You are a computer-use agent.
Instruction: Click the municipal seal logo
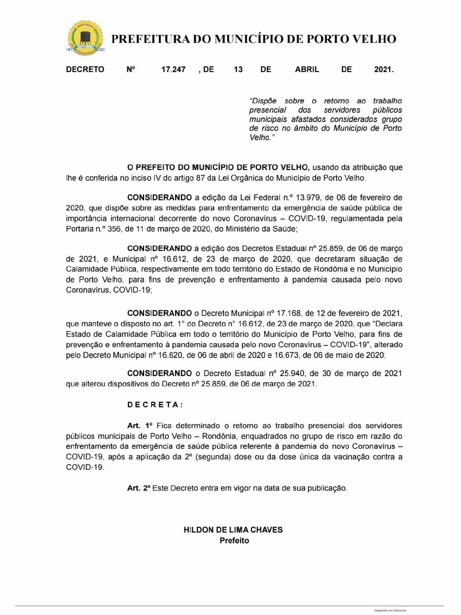click(85, 38)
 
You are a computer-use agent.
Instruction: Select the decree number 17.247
click(173, 70)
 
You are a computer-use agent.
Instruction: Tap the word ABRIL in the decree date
click(307, 70)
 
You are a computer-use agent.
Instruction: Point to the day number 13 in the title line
click(238, 70)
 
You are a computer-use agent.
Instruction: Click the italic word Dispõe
click(264, 101)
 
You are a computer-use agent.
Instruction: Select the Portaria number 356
click(114, 229)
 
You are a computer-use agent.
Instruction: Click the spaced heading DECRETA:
click(155, 405)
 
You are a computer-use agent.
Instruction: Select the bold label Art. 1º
click(140, 426)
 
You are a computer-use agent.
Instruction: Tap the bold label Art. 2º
click(139, 488)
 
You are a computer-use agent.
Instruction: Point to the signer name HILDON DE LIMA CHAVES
click(233, 530)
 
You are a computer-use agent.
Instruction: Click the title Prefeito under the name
click(234, 541)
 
